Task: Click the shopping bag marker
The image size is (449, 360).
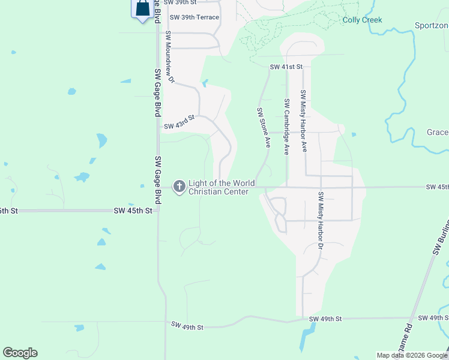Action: tap(142, 8)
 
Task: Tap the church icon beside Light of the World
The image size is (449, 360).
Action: tap(179, 187)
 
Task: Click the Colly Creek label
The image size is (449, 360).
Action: tap(362, 20)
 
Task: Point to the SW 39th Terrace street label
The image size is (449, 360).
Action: tap(194, 17)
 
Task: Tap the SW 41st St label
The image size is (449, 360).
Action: tap(286, 66)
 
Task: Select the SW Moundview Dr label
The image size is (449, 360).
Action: tap(169, 57)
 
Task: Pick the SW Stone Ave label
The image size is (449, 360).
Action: tap(264, 128)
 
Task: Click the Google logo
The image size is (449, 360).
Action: tap(20, 353)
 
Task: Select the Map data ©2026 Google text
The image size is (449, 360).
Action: tap(411, 355)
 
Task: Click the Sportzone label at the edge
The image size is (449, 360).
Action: tap(432, 26)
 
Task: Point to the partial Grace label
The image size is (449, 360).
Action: tap(438, 132)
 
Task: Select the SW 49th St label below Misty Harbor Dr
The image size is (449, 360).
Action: tap(325, 319)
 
